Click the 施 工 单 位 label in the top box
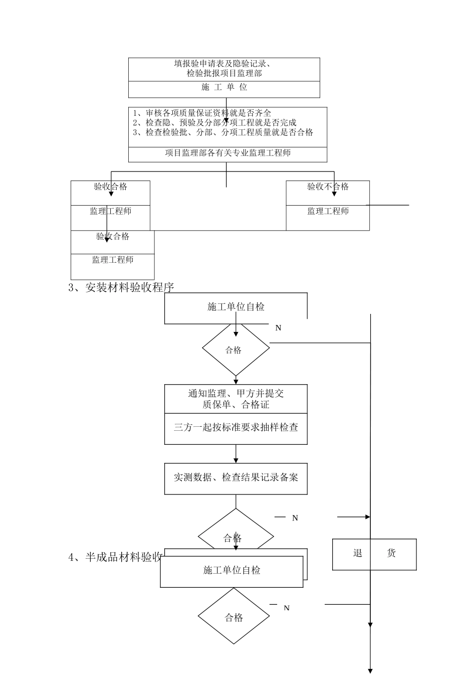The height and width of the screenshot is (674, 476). click(224, 87)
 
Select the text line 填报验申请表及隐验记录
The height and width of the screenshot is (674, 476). click(224, 64)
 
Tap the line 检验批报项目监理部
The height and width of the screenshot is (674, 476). click(224, 73)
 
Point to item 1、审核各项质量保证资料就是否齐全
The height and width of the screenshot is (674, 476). click(202, 113)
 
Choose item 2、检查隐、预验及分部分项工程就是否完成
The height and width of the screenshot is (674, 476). click(214, 122)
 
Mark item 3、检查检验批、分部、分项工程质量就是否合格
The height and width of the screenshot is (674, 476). click(223, 132)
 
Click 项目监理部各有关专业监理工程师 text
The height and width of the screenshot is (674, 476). click(227, 153)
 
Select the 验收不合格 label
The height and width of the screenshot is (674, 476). click(328, 187)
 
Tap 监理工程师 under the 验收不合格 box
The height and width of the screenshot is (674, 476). click(328, 211)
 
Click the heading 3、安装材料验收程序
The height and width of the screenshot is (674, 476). click(121, 288)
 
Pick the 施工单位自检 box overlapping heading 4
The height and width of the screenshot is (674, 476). click(231, 571)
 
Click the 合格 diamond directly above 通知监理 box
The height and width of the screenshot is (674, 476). click(235, 350)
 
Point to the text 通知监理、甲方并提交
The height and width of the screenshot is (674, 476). click(235, 394)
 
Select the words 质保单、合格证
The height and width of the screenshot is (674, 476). click(235, 405)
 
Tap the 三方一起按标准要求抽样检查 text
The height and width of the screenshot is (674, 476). click(235, 427)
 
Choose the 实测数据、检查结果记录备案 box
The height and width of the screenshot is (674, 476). click(235, 478)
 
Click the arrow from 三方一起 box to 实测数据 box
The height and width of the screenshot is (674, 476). click(235, 454)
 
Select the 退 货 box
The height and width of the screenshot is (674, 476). click(374, 554)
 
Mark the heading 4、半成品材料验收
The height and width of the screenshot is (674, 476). click(115, 557)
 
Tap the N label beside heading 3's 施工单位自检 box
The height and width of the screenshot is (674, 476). click(278, 328)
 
